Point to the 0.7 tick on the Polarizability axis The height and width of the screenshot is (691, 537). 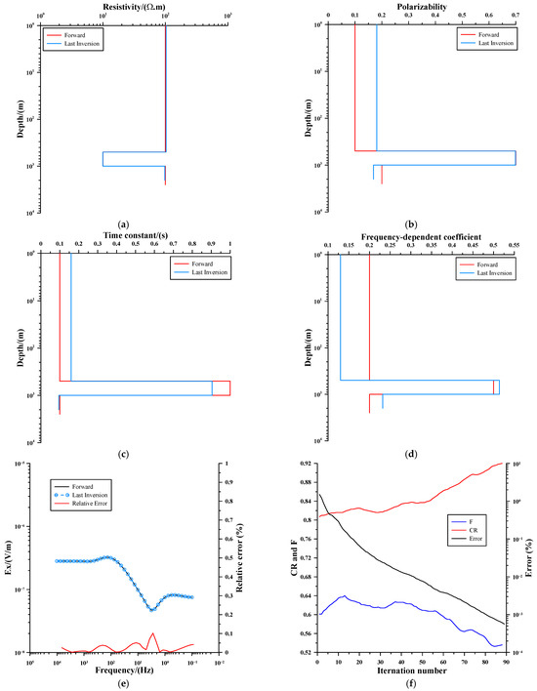pos(516,17)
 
